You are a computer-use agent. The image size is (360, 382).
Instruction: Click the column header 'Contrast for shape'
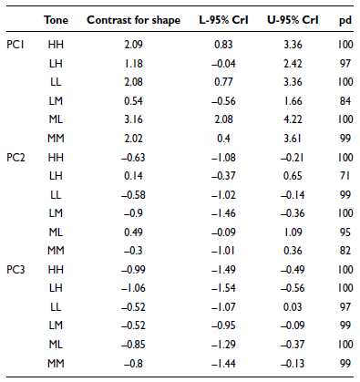coord(133,20)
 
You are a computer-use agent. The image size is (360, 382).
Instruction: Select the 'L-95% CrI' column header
coord(223,20)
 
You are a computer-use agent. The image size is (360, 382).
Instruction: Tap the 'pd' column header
coord(345,21)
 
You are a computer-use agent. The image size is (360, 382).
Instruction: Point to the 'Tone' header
coord(56,20)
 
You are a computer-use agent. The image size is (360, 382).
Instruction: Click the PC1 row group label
coord(15,45)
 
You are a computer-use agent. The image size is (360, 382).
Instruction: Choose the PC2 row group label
coord(15,158)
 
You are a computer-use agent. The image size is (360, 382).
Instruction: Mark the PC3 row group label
coord(15,270)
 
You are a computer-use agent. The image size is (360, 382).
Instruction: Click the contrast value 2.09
coord(133,45)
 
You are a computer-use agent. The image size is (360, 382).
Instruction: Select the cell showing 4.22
coord(293,119)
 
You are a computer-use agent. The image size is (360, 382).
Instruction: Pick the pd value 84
coord(345,101)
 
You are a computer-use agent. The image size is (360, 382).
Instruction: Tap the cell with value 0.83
coord(223,45)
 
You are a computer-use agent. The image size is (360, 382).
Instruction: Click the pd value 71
coord(345,176)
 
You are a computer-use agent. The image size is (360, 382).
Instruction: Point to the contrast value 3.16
coord(133,119)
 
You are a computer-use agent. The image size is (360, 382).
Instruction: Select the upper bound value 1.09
coord(293,232)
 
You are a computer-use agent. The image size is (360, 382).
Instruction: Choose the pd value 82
coord(345,251)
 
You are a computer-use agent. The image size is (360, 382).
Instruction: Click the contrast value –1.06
coord(133,288)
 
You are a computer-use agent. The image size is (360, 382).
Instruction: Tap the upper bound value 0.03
coord(293,307)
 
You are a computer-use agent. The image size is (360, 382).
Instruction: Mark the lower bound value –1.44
coord(223,364)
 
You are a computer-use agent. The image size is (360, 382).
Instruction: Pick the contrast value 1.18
coord(133,64)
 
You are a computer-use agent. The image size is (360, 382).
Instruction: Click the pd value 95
coord(345,232)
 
